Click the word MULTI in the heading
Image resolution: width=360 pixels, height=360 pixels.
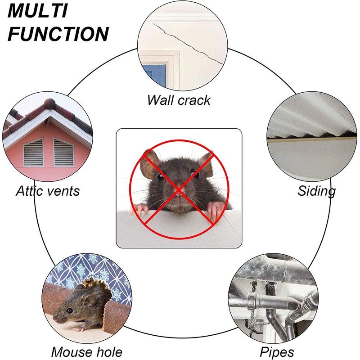tap(38, 11)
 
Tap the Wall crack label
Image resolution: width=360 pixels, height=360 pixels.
tap(179, 99)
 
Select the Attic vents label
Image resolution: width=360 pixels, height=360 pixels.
tap(48, 191)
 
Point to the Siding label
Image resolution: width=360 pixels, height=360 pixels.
tap(316, 191)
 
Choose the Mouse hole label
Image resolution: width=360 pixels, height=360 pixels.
tap(86, 351)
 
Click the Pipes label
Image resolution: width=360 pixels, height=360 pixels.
tap(277, 351)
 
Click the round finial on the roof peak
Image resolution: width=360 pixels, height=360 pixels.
tap(50, 103)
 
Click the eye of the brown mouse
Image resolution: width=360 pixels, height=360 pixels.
tap(70, 310)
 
